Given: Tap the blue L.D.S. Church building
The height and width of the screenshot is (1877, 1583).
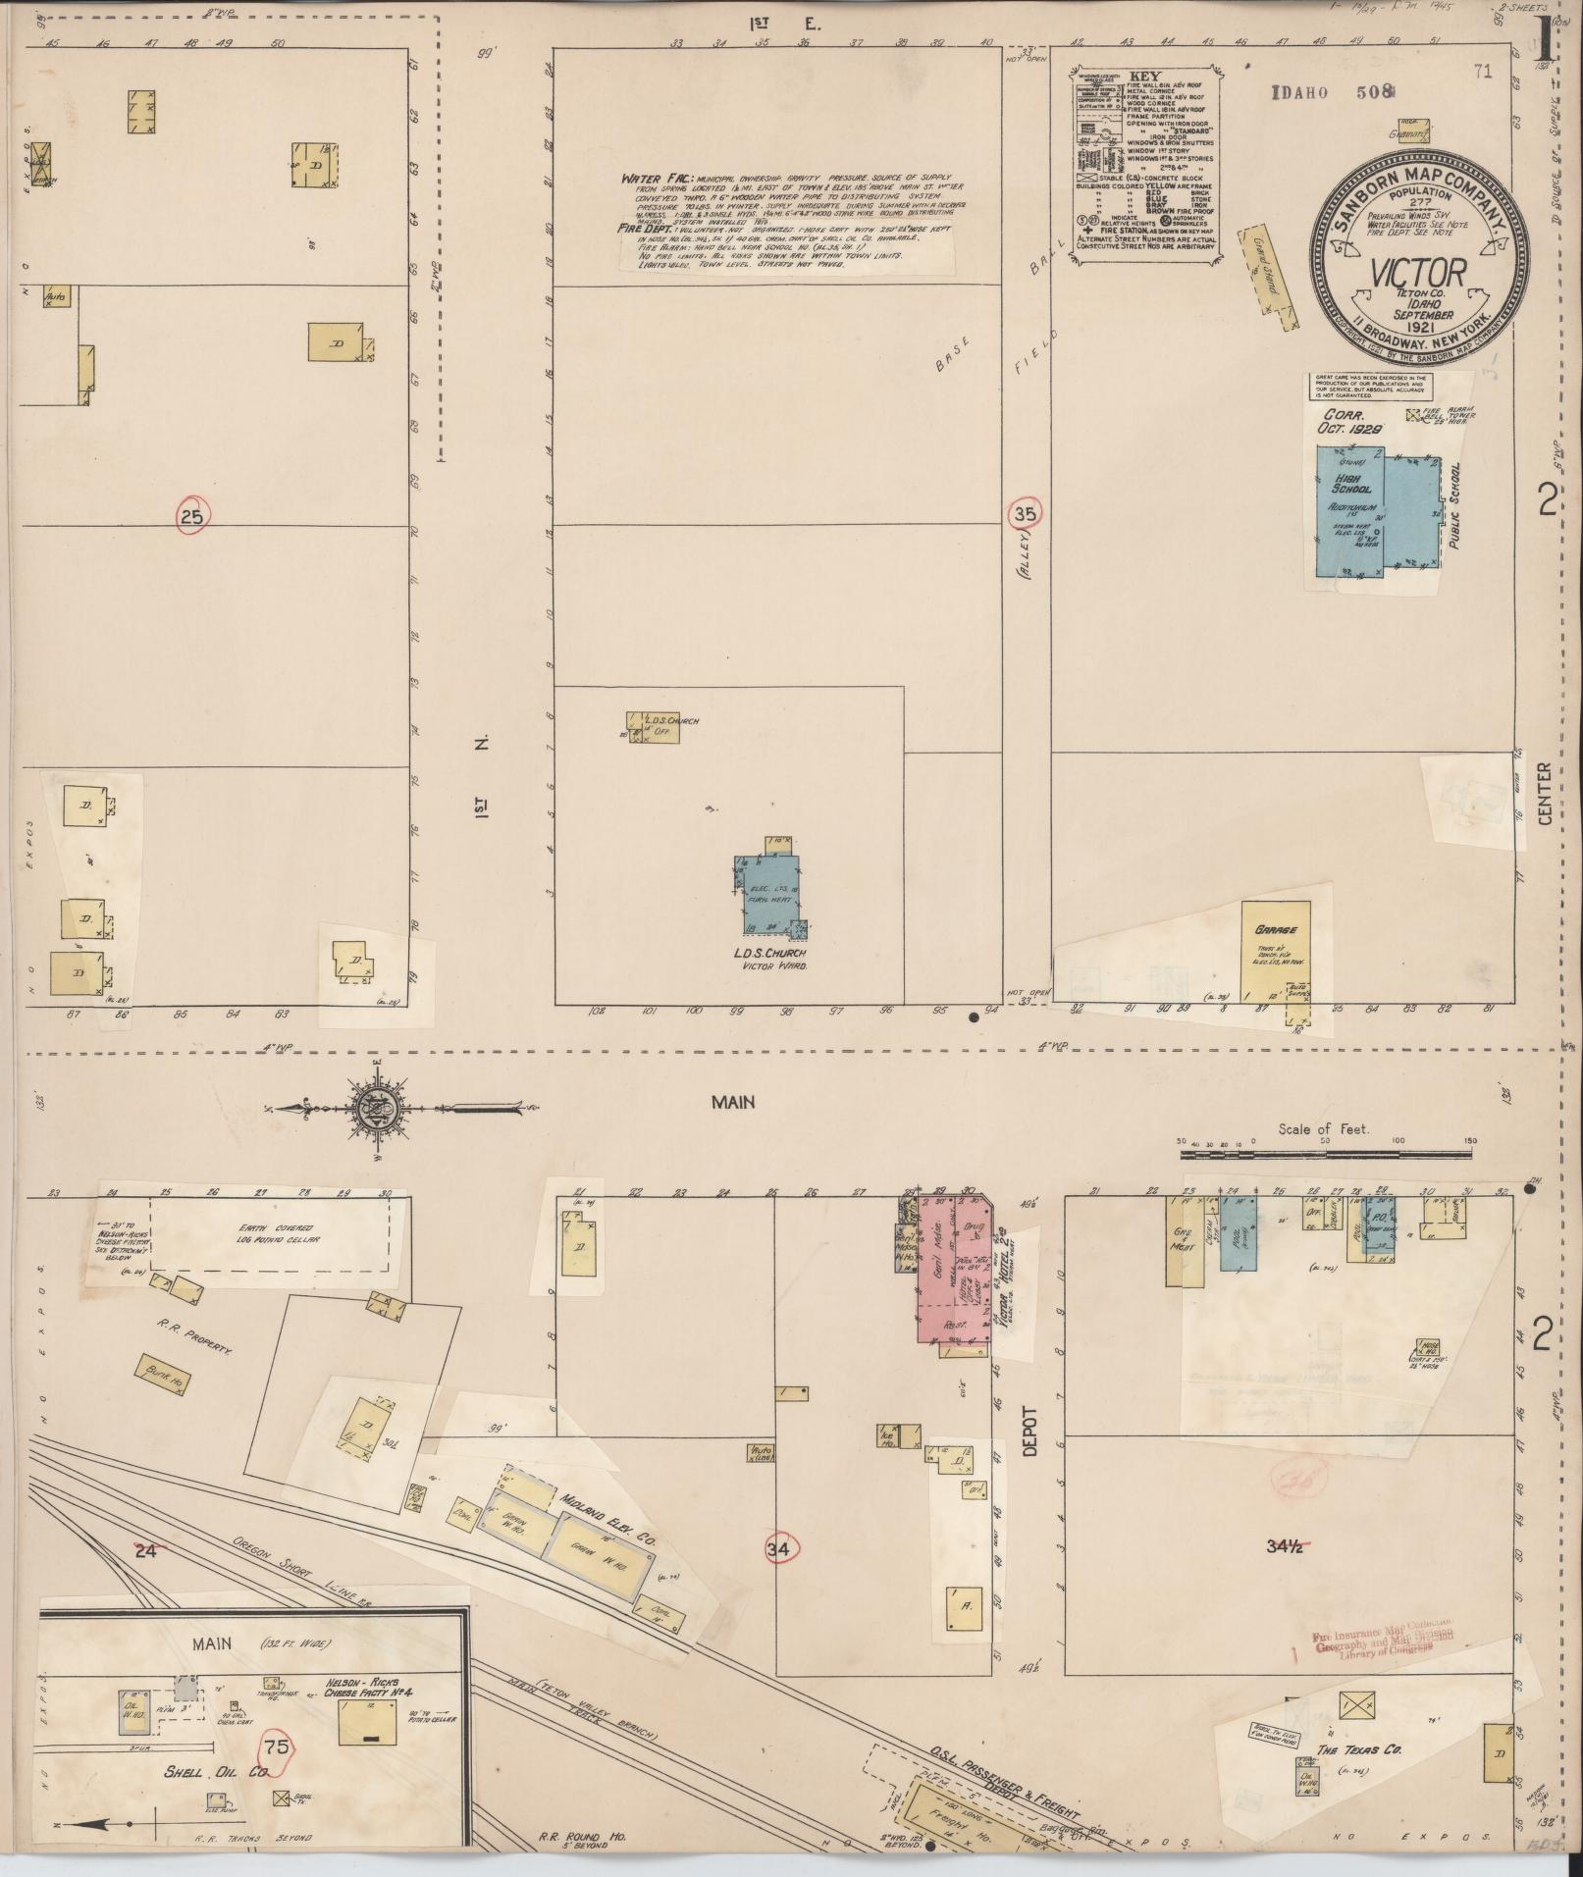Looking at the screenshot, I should (x=767, y=895).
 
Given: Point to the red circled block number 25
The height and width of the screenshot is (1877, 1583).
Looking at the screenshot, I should (x=192, y=514).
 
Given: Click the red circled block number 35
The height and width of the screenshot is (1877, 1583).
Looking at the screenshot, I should (x=1026, y=512).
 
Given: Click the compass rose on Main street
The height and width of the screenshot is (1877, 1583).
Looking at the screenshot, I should (x=380, y=1110).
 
